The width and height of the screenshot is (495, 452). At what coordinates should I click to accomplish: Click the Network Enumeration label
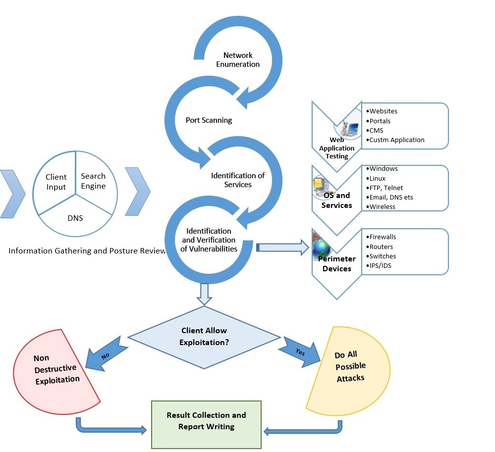(x=238, y=60)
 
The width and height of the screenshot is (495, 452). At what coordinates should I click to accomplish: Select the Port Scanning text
(x=209, y=120)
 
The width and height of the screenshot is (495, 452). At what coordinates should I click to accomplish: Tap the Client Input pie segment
(x=56, y=182)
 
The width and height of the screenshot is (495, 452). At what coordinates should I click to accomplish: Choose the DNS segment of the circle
(x=75, y=217)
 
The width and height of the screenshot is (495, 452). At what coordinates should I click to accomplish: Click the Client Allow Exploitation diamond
(x=205, y=337)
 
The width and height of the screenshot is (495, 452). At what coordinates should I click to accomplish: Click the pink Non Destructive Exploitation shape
(x=52, y=369)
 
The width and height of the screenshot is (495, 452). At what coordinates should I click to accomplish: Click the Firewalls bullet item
(x=382, y=237)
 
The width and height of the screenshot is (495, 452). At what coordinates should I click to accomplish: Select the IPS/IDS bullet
(x=381, y=265)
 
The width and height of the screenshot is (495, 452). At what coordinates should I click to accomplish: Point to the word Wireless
(x=383, y=206)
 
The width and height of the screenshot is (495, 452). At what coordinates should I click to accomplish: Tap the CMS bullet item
(x=376, y=130)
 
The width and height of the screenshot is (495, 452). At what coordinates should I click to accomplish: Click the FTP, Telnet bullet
(x=386, y=188)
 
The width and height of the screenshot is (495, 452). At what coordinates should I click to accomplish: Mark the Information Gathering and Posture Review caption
(x=87, y=251)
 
